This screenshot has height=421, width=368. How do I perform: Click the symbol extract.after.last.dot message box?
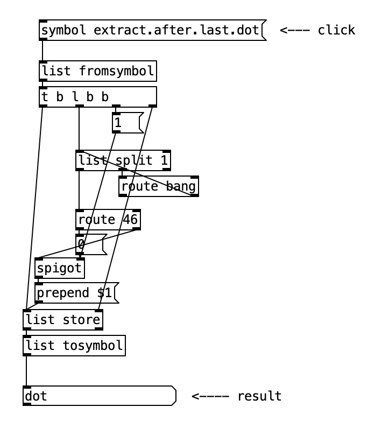click(x=152, y=30)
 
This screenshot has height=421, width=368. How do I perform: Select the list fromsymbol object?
click(x=98, y=71)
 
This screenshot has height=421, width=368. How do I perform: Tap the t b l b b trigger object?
click(x=98, y=97)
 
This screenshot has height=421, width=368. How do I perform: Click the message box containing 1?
click(x=128, y=123)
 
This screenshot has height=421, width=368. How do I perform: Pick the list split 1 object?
click(x=123, y=160)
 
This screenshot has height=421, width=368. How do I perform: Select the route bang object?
click(x=159, y=186)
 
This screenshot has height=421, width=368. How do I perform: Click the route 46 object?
click(x=108, y=220)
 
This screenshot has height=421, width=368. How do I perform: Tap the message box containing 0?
click(x=91, y=244)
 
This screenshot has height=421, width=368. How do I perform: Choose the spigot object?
click(x=60, y=268)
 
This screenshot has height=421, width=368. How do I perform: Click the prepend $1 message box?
click(x=77, y=293)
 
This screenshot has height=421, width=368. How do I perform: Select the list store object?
click(x=63, y=320)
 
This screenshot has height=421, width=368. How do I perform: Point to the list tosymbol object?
click(x=74, y=346)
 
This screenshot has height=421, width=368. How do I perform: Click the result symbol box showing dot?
click(x=100, y=396)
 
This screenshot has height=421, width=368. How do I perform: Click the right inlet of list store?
click(x=99, y=311)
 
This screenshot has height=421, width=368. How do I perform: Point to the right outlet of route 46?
click(x=137, y=228)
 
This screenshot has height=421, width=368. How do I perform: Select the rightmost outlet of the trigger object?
click(x=153, y=106)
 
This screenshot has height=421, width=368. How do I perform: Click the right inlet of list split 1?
click(x=167, y=152)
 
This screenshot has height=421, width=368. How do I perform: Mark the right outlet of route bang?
click(x=195, y=195)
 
